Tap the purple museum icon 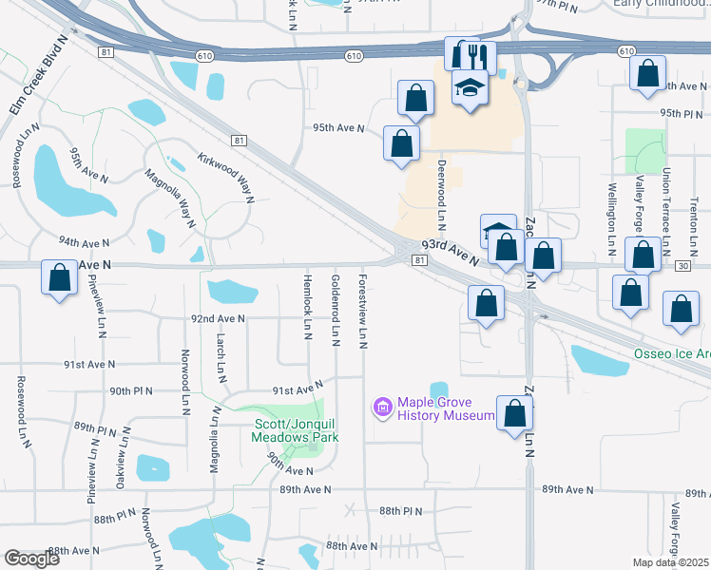[x=383, y=408]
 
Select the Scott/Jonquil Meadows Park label [x=294, y=430]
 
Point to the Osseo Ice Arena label [x=672, y=354]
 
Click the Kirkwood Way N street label [x=226, y=178]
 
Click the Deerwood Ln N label [x=441, y=195]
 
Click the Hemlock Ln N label [x=307, y=307]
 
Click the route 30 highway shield [x=684, y=269]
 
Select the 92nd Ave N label [x=218, y=319]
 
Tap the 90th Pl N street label [x=131, y=390]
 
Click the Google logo [x=31, y=559]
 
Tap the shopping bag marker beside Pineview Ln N [x=60, y=278]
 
